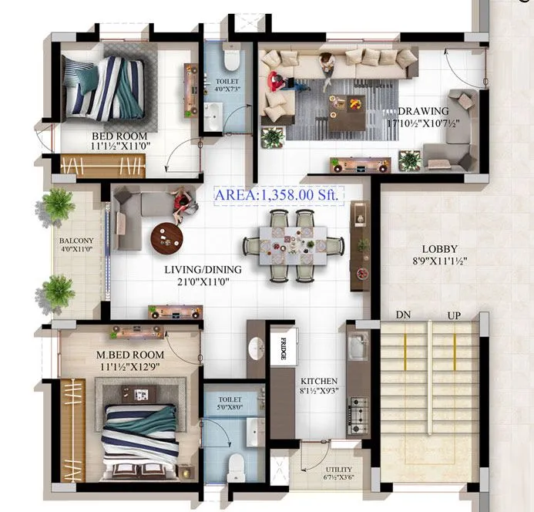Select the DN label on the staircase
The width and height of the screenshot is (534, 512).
[x=403, y=315]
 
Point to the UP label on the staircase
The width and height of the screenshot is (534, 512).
[x=454, y=315]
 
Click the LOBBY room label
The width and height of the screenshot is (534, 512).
[x=439, y=249]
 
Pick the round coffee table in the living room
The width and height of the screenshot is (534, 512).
[x=167, y=237]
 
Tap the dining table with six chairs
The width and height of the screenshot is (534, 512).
[x=294, y=246]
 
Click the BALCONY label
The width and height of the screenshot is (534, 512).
[x=76, y=241]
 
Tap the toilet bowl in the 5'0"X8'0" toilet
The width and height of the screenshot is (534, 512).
[x=236, y=462]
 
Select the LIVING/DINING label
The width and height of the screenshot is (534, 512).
[x=203, y=270]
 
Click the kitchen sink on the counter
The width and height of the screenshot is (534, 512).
[x=358, y=348]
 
